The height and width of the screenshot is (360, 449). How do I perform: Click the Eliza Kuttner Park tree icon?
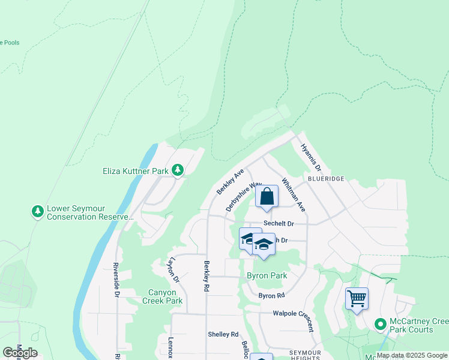pyautogui.click(x=178, y=171)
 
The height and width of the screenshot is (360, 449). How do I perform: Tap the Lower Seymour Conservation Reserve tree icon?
pyautogui.click(x=38, y=212)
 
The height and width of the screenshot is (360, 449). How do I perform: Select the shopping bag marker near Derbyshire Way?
pyautogui.click(x=267, y=197)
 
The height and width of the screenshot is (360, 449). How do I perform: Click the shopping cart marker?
pyautogui.click(x=357, y=298)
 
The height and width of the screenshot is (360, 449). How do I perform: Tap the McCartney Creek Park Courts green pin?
pyautogui.click(x=379, y=325)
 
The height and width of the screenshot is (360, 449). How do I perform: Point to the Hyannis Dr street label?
pyautogui.click(x=312, y=157)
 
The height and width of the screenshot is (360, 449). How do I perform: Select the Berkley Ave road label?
pyautogui.click(x=230, y=181)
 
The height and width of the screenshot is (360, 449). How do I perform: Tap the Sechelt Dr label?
pyautogui.click(x=279, y=224)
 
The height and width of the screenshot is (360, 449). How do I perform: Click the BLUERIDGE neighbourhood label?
pyautogui.click(x=326, y=178)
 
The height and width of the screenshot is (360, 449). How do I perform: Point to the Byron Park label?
pyautogui.click(x=267, y=276)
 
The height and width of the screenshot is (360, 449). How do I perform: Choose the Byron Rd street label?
pyautogui.click(x=271, y=296)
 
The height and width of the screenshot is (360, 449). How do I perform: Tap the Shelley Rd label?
pyautogui.click(x=223, y=334)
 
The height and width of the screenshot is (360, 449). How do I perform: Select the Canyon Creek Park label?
pyautogui.click(x=157, y=296)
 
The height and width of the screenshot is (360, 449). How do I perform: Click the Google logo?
pyautogui.click(x=20, y=353)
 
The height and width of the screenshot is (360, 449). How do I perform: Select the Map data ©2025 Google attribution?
pyautogui.click(x=412, y=356)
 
